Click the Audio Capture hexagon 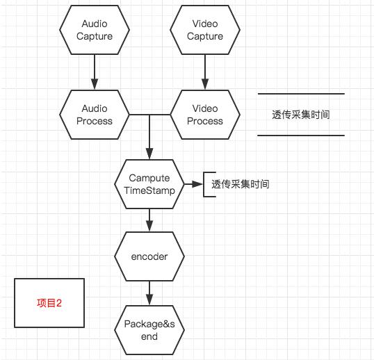point(95,30)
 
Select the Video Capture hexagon point(205,30)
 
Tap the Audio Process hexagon point(95,115)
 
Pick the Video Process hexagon point(205,115)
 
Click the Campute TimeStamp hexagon point(149,184)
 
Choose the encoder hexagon point(149,256)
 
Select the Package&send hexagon point(149,330)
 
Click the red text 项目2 point(49,303)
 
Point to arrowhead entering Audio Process point(95,84)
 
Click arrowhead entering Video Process point(205,84)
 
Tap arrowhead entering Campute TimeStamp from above point(149,154)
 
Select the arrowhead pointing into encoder point(149,227)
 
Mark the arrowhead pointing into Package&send point(149,300)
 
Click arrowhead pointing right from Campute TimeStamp point(197,184)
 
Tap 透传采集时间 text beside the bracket point(241,184)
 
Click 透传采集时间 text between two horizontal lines point(301,115)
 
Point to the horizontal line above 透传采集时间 point(301,94)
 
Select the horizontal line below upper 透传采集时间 point(301,136)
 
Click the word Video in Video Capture point(205,24)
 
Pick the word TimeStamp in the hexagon point(149,190)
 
